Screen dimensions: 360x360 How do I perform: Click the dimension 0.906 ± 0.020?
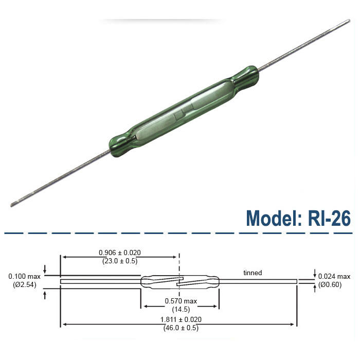pyautogui.click(x=119, y=253)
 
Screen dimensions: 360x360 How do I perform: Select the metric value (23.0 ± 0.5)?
pyautogui.click(x=119, y=261)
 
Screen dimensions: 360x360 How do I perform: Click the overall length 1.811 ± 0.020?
pyautogui.click(x=180, y=319)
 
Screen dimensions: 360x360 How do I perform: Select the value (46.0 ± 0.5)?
pyautogui.click(x=180, y=328)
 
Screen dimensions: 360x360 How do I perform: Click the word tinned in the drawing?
pyautogui.click(x=253, y=273)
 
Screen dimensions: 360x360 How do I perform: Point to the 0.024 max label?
pyautogui.click(x=334, y=277)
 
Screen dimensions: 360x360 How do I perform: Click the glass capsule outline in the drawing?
pyautogui.click(x=154, y=277)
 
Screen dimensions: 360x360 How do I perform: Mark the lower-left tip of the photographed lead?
pyautogui.click(x=12, y=205)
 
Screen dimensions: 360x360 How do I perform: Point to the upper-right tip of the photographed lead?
pyautogui.click(x=348, y=22)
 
